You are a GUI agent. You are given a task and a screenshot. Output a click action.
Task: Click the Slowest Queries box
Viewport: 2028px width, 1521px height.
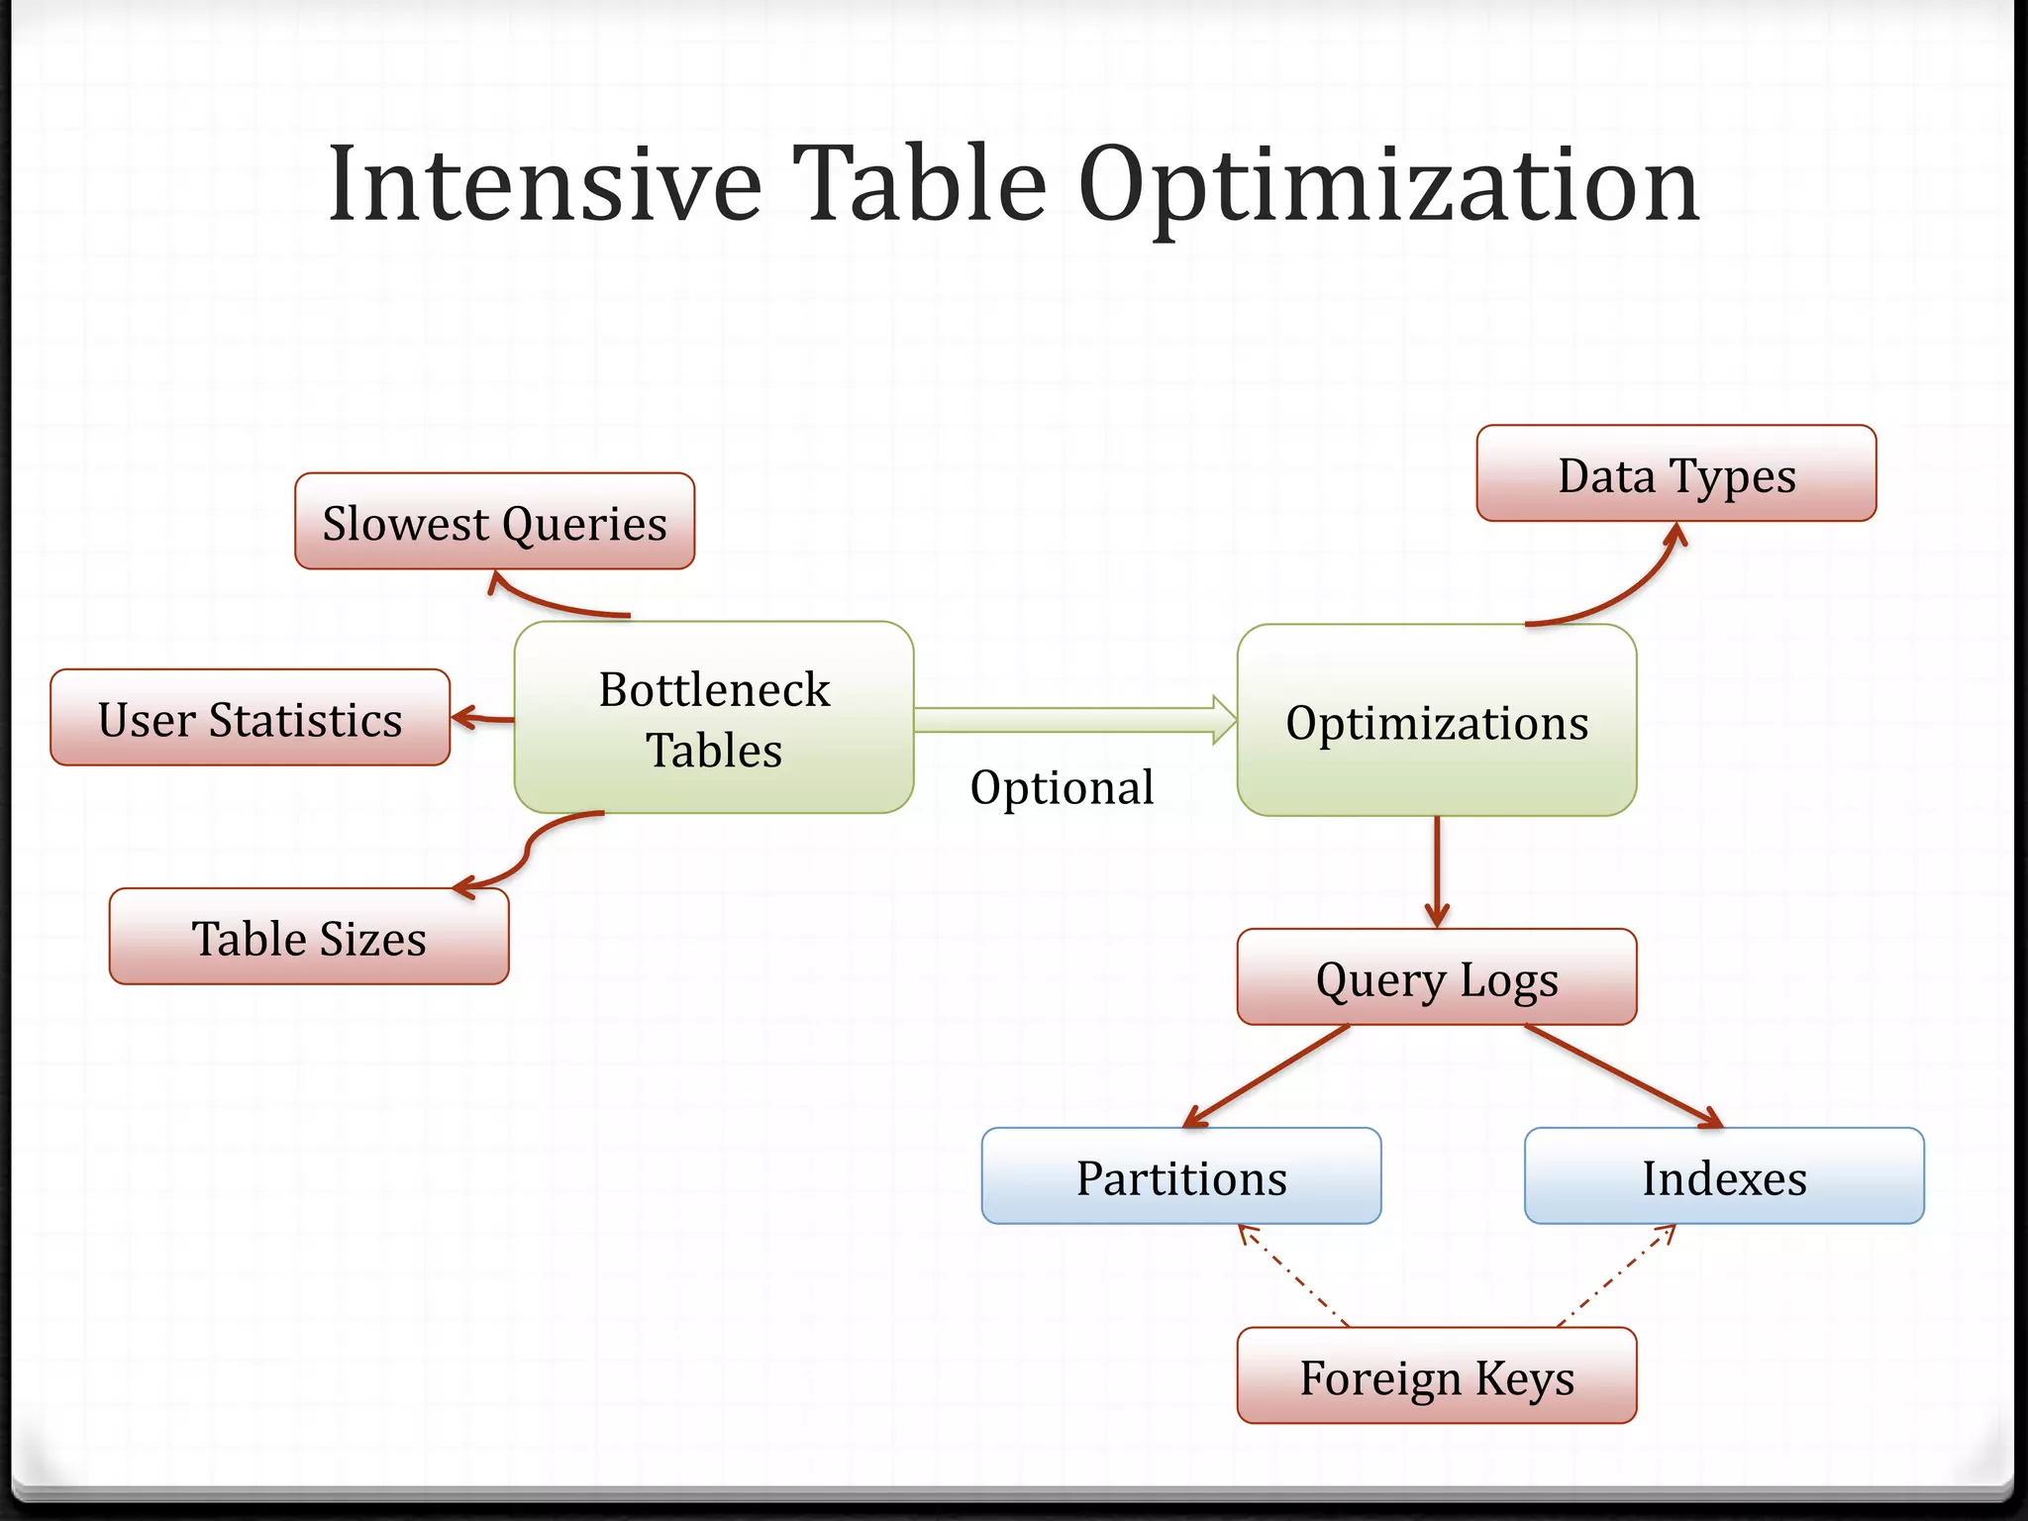coord(494,522)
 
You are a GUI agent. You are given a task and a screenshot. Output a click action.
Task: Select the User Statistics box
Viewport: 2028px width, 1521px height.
coord(250,718)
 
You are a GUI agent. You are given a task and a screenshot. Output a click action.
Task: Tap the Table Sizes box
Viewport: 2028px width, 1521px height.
coord(309,937)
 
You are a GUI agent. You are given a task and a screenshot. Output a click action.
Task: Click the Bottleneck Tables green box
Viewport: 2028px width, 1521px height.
coord(713,718)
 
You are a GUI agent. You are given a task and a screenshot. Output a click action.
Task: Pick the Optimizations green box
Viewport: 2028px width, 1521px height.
coord(1436,721)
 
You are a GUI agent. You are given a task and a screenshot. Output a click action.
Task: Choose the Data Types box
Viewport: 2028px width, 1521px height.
coord(1675,474)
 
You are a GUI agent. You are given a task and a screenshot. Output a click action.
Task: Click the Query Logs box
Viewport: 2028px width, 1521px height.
coord(1436,977)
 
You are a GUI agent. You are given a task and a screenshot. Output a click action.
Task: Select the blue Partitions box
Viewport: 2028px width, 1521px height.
coord(1180,1176)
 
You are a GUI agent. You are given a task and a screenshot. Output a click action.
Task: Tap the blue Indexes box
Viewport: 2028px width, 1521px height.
coord(1723,1176)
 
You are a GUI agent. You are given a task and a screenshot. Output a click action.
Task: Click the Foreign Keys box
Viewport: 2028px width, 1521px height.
coord(1436,1376)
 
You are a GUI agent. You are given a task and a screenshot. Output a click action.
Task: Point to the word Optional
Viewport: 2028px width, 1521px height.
coord(1062,787)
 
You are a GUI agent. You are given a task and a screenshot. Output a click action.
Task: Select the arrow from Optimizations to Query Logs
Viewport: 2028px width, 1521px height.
coord(1437,871)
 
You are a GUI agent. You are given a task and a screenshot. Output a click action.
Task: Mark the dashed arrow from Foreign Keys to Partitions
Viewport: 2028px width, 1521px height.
coord(1292,1275)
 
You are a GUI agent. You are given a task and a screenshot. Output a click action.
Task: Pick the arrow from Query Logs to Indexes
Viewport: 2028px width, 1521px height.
coord(1624,1076)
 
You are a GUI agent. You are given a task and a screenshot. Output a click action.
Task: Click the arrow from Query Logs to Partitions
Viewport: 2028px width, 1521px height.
coord(1267,1076)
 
